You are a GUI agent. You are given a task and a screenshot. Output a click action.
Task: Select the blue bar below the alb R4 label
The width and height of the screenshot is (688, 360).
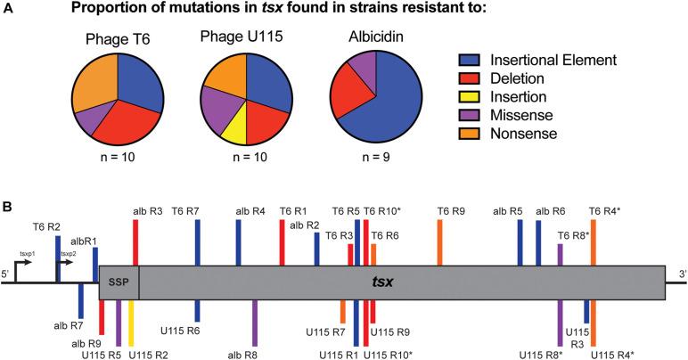[238, 241]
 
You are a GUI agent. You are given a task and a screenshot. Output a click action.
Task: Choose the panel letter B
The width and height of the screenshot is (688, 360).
[8, 207]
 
